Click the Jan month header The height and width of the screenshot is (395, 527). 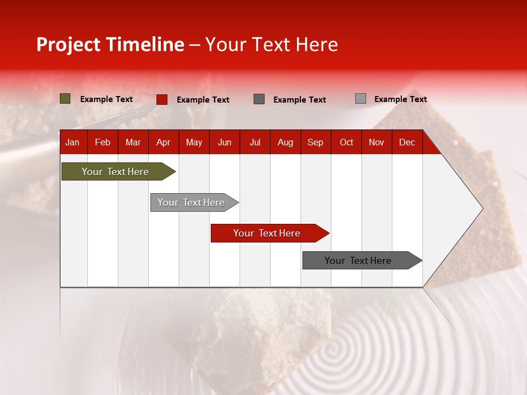[73, 143]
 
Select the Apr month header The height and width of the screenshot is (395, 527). [164, 143]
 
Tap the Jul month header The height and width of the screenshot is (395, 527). [255, 143]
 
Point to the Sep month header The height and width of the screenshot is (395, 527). [316, 143]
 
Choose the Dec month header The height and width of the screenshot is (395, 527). [407, 143]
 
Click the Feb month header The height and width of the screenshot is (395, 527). [103, 143]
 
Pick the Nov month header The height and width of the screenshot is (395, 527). [377, 143]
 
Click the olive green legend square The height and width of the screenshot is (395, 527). [65, 99]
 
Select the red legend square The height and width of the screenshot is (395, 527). [162, 99]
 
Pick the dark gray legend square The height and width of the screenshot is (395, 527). [259, 99]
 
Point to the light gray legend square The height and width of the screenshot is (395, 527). [361, 99]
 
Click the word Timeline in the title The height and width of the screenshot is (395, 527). [145, 44]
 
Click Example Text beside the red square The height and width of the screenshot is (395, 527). [203, 100]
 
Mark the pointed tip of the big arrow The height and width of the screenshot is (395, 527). [482, 208]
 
